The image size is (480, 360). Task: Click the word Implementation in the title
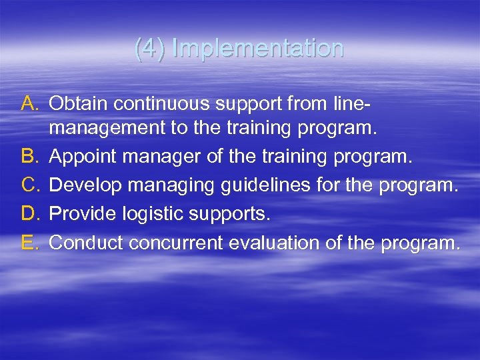tap(257, 49)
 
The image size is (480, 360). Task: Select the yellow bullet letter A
tap(31, 103)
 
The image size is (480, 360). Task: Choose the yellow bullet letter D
tap(31, 215)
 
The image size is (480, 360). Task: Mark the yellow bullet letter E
tap(31, 243)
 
